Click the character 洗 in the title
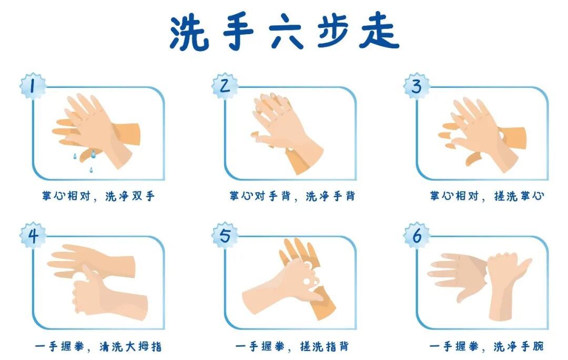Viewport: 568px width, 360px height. (x=189, y=33)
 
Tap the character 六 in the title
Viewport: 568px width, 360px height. (x=286, y=33)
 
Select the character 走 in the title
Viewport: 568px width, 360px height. (x=379, y=33)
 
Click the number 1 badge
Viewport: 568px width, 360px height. (x=33, y=86)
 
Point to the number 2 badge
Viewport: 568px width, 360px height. (x=225, y=86)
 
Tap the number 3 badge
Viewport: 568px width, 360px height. (x=417, y=86)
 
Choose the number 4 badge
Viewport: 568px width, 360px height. (x=33, y=236)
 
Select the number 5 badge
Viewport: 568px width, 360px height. (x=225, y=236)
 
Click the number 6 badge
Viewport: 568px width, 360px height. (x=417, y=236)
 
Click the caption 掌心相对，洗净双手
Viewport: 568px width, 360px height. (x=98, y=196)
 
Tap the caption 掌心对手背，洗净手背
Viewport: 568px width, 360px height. (x=292, y=196)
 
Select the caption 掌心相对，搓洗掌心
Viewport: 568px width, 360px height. (x=487, y=196)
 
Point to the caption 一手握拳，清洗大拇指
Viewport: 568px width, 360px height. (x=98, y=347)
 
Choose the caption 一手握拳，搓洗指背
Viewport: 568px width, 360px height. (x=292, y=347)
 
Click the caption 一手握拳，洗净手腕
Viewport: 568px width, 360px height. (x=487, y=347)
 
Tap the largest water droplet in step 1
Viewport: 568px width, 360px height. (x=93, y=154)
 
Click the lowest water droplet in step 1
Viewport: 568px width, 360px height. (x=91, y=169)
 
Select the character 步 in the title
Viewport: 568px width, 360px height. (x=333, y=33)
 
